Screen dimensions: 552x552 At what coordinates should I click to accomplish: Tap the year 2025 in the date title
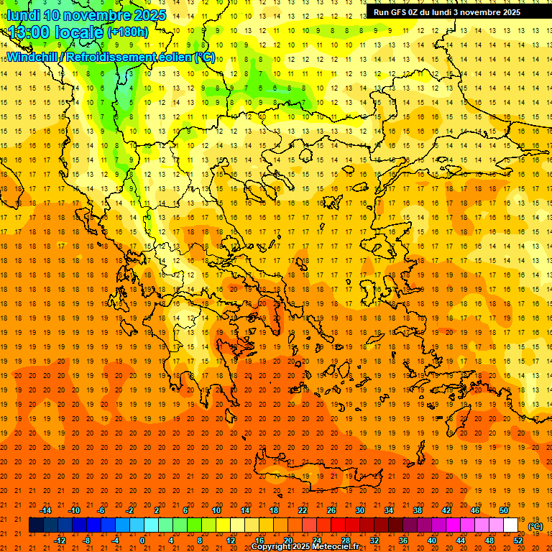click(148, 15)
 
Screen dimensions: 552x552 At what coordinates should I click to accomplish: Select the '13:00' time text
click(29, 32)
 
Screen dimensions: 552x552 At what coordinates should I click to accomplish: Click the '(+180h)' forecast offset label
click(128, 32)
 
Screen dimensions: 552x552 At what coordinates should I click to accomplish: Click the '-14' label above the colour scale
click(47, 510)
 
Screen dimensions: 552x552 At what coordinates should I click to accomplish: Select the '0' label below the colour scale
click(142, 540)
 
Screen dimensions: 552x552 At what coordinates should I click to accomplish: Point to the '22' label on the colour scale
click(303, 510)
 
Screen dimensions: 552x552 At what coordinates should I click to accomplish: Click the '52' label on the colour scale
click(518, 540)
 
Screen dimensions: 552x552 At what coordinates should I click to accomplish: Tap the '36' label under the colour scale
click(403, 540)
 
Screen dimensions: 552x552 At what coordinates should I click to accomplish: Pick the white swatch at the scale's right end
click(510, 525)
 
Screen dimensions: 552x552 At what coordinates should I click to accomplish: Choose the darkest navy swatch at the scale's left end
click(36, 525)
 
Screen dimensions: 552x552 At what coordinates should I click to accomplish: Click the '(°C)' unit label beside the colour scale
click(535, 526)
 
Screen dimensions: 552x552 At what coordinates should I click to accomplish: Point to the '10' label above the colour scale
click(216, 510)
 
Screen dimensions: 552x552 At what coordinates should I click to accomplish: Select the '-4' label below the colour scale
click(114, 540)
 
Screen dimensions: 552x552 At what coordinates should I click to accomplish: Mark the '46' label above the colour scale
click(475, 510)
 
